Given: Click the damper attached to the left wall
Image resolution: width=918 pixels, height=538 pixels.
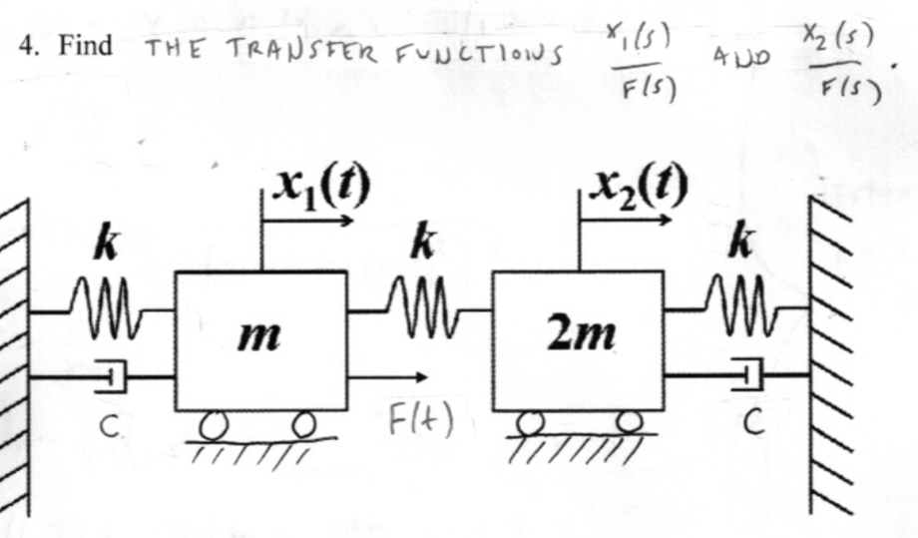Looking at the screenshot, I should click(x=114, y=378).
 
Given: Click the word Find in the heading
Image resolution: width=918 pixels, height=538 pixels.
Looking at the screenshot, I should click(x=85, y=46).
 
